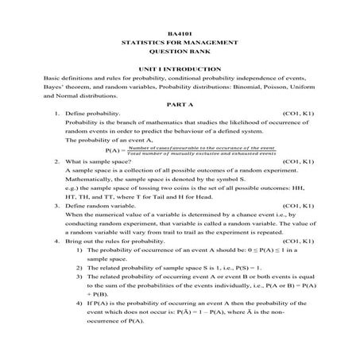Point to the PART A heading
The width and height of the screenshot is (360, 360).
click(x=180, y=105)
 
